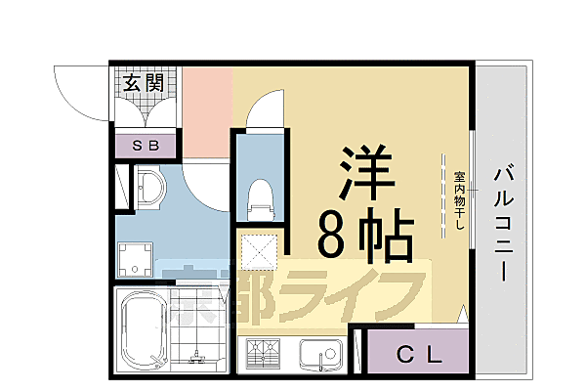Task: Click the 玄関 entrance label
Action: tap(144, 82)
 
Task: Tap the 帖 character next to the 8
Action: tap(389, 237)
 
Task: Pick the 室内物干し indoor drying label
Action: tap(459, 200)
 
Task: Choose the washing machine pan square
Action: tap(135, 259)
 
